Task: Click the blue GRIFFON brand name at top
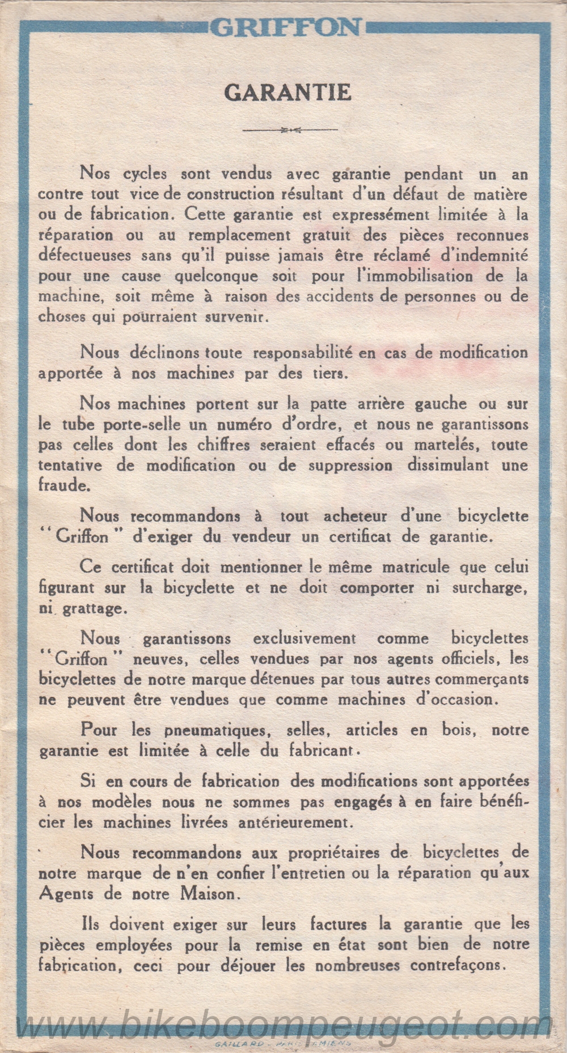coord(286,27)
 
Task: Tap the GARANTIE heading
coord(287,92)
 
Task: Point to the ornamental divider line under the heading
coord(290,130)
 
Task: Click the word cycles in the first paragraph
coord(145,174)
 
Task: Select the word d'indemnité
coord(486,256)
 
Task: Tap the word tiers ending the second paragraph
coord(325,374)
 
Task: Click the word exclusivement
coord(304,639)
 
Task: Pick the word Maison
coord(208,894)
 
